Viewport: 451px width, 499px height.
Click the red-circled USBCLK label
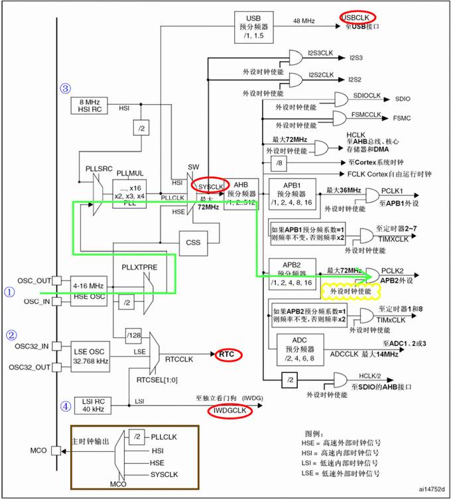pyautogui.click(x=357, y=17)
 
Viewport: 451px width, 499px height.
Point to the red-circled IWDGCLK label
pyautogui.click(x=229, y=412)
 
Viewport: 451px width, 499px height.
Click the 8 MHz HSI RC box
pyautogui.click(x=88, y=105)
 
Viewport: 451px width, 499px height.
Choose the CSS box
pyautogui.click(x=193, y=243)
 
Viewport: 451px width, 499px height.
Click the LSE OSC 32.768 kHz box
pyautogui.click(x=88, y=357)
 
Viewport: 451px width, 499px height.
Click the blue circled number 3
pyautogui.click(x=65, y=88)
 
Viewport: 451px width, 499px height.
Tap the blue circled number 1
pyautogui.click(x=9, y=291)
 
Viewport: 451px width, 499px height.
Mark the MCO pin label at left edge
pyautogui.click(x=39, y=450)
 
